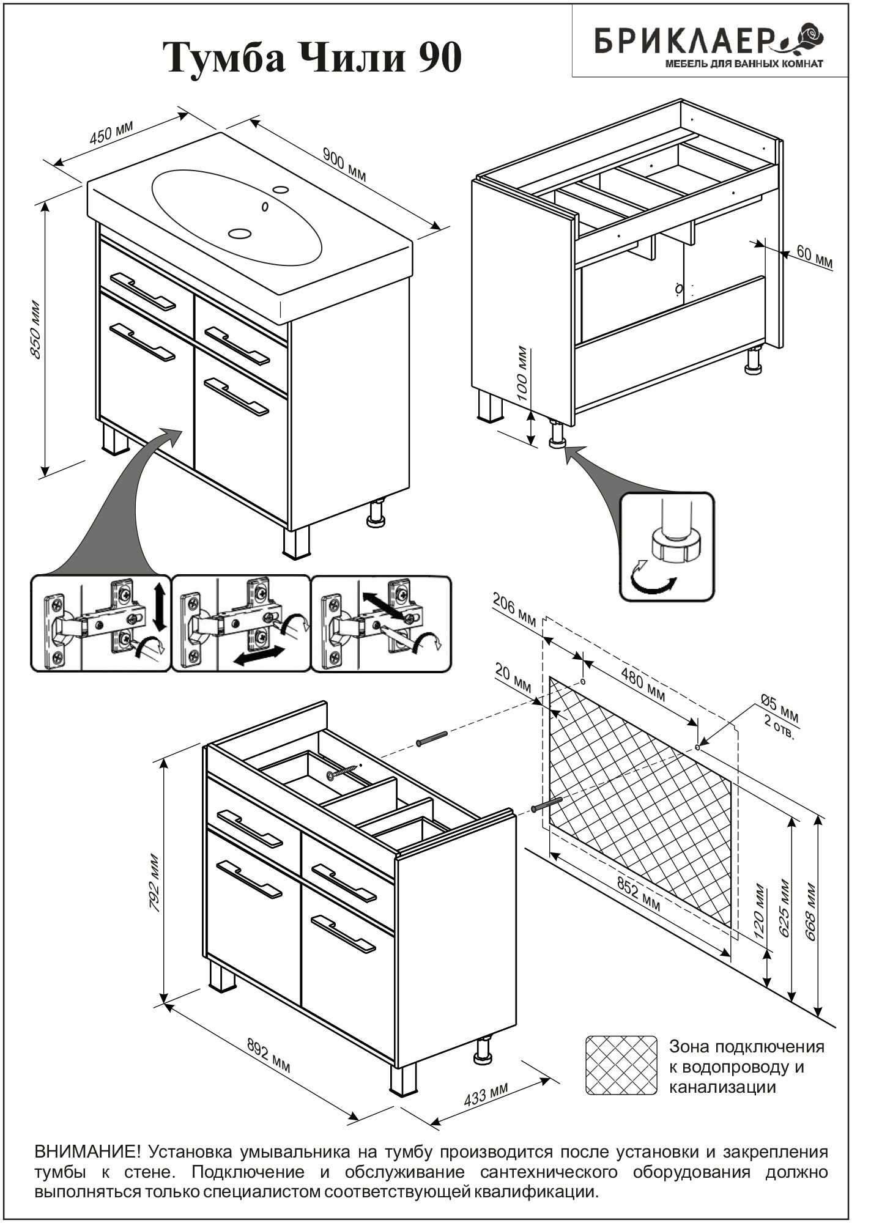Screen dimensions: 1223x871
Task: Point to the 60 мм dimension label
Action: [814, 257]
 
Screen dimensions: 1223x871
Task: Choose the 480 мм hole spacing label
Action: [643, 685]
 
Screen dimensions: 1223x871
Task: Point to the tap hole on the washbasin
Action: [281, 189]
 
